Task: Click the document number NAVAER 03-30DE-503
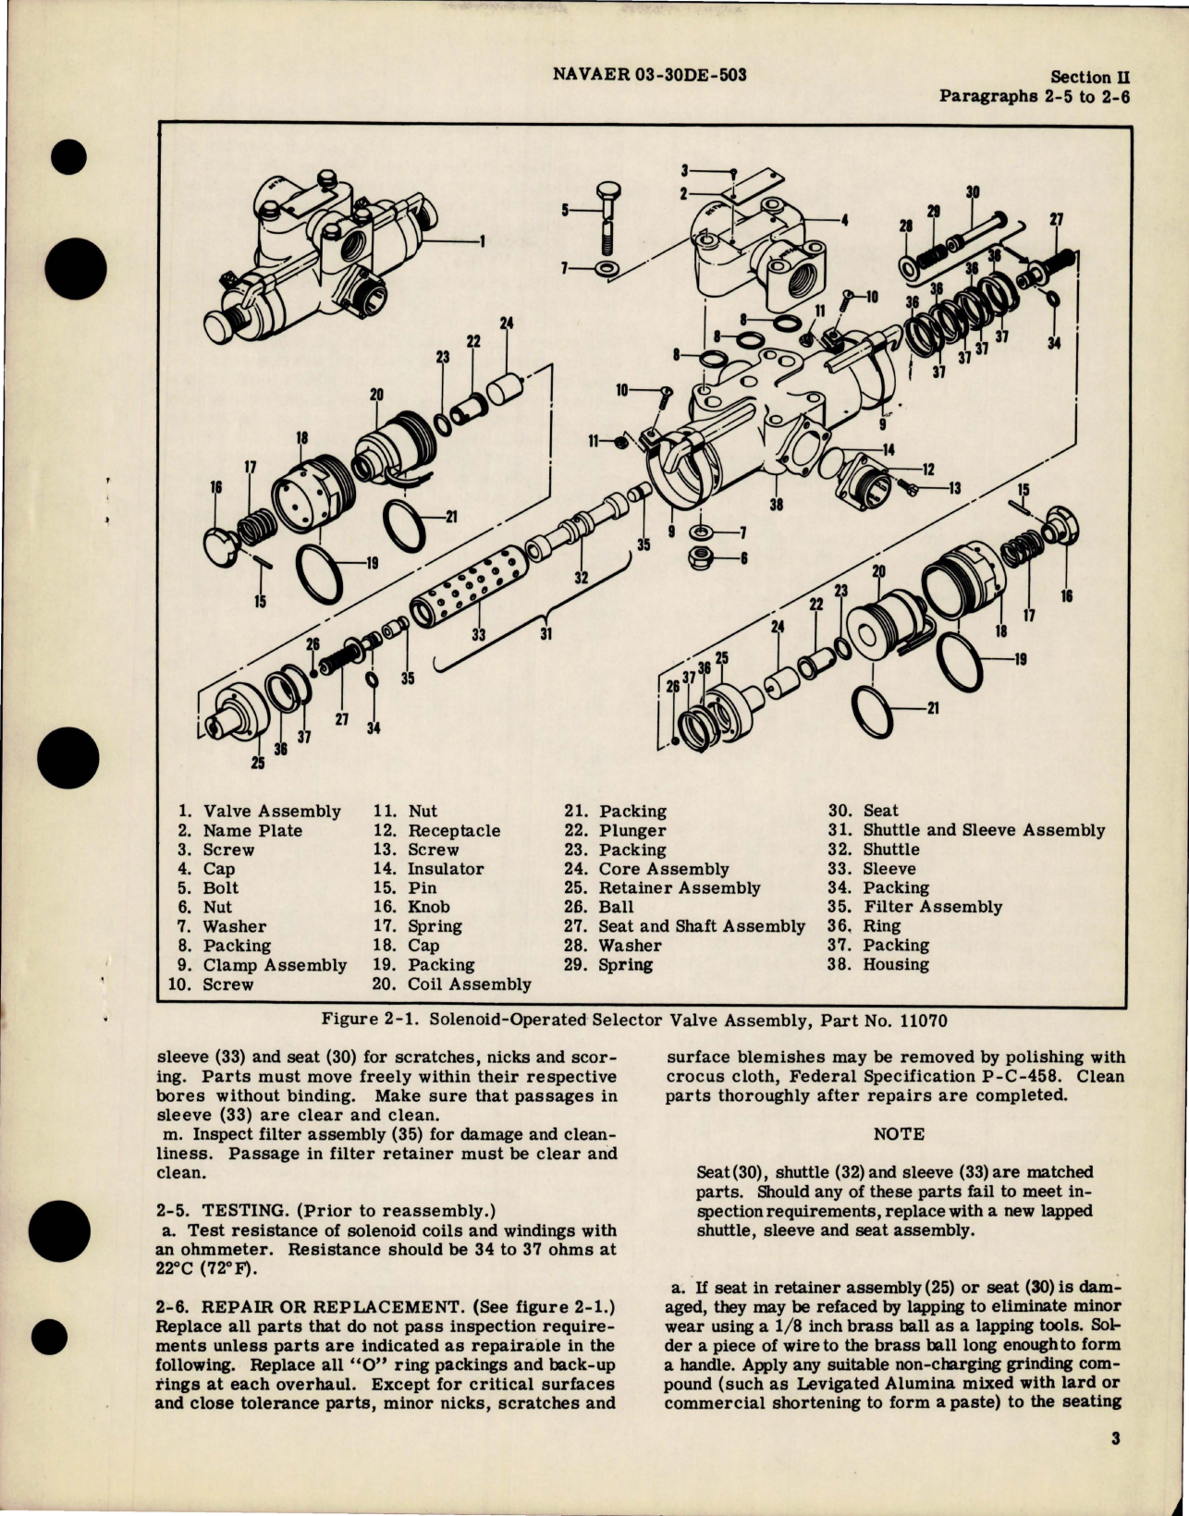(649, 75)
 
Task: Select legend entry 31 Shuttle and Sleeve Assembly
(966, 830)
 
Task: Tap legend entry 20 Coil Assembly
(452, 984)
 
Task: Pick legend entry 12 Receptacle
(436, 830)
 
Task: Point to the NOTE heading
(898, 1133)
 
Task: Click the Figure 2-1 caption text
(633, 1021)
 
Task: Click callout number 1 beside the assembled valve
(482, 241)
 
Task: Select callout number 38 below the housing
(776, 505)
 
